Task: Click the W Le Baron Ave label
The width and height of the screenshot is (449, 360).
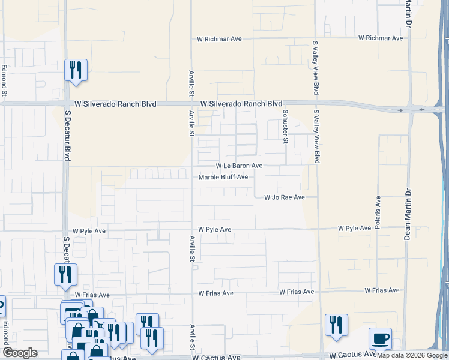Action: (x=239, y=166)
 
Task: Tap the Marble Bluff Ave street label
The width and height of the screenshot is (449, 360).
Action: (x=223, y=177)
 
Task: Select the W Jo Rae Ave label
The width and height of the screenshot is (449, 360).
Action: (x=285, y=197)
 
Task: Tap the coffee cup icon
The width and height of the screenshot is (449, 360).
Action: (x=379, y=338)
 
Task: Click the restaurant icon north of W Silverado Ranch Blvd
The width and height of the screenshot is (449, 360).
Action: (x=76, y=70)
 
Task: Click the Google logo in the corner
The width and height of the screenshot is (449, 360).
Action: (x=20, y=353)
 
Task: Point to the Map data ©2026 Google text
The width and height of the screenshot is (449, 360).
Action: (x=412, y=356)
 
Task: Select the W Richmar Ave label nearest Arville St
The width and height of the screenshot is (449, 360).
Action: (x=219, y=38)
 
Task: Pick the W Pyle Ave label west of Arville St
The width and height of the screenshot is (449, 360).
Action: (x=89, y=231)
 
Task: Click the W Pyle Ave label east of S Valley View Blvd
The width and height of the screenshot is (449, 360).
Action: (x=354, y=229)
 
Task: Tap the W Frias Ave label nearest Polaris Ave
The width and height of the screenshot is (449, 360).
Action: (x=382, y=290)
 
